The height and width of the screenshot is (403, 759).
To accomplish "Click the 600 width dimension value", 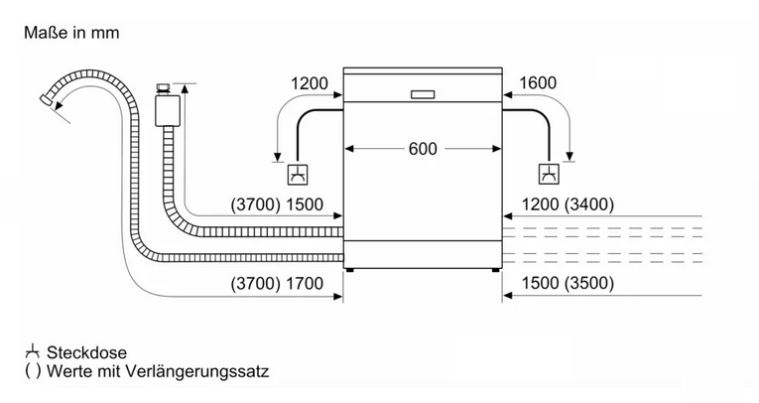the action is click(423, 149).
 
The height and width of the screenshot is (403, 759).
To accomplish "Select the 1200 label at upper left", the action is click(309, 83).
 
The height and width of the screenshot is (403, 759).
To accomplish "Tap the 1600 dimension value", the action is click(538, 83).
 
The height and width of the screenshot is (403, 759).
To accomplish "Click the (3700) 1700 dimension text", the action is click(277, 283).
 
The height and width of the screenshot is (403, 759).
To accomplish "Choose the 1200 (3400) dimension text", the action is click(568, 204).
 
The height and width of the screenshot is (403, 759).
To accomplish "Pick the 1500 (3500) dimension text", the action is click(568, 283).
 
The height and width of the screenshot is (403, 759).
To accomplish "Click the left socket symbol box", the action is click(298, 175).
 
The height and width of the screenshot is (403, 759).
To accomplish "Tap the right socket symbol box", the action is click(549, 175).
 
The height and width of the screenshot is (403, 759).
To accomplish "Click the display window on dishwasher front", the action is click(423, 94).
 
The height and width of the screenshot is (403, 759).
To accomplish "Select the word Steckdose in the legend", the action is click(86, 352).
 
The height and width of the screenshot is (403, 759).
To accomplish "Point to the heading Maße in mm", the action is click(71, 33).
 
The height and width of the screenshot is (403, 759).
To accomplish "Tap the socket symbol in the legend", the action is click(32, 351).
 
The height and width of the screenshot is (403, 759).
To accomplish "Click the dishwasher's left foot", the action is click(350, 269).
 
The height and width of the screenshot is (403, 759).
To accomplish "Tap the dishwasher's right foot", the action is click(495, 269).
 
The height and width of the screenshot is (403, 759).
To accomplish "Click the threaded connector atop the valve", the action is click(164, 88).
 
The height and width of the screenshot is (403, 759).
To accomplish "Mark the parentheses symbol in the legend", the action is click(33, 371).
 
